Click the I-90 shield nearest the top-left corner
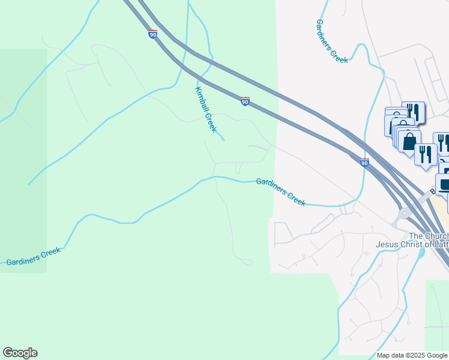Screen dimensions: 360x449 click(x=153, y=34)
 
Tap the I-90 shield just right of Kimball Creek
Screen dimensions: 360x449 click(x=245, y=101)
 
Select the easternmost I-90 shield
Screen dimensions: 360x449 click(x=364, y=162)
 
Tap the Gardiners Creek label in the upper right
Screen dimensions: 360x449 click(x=331, y=41)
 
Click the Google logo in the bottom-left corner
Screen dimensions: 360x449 click(x=20, y=353)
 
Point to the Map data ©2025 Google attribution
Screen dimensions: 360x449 click(x=411, y=355)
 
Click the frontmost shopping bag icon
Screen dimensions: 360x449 click(x=409, y=142)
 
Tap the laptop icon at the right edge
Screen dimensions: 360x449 click(x=445, y=184)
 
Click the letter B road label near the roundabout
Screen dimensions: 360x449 click(x=433, y=193)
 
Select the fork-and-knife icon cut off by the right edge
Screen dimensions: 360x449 click(x=443, y=142)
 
